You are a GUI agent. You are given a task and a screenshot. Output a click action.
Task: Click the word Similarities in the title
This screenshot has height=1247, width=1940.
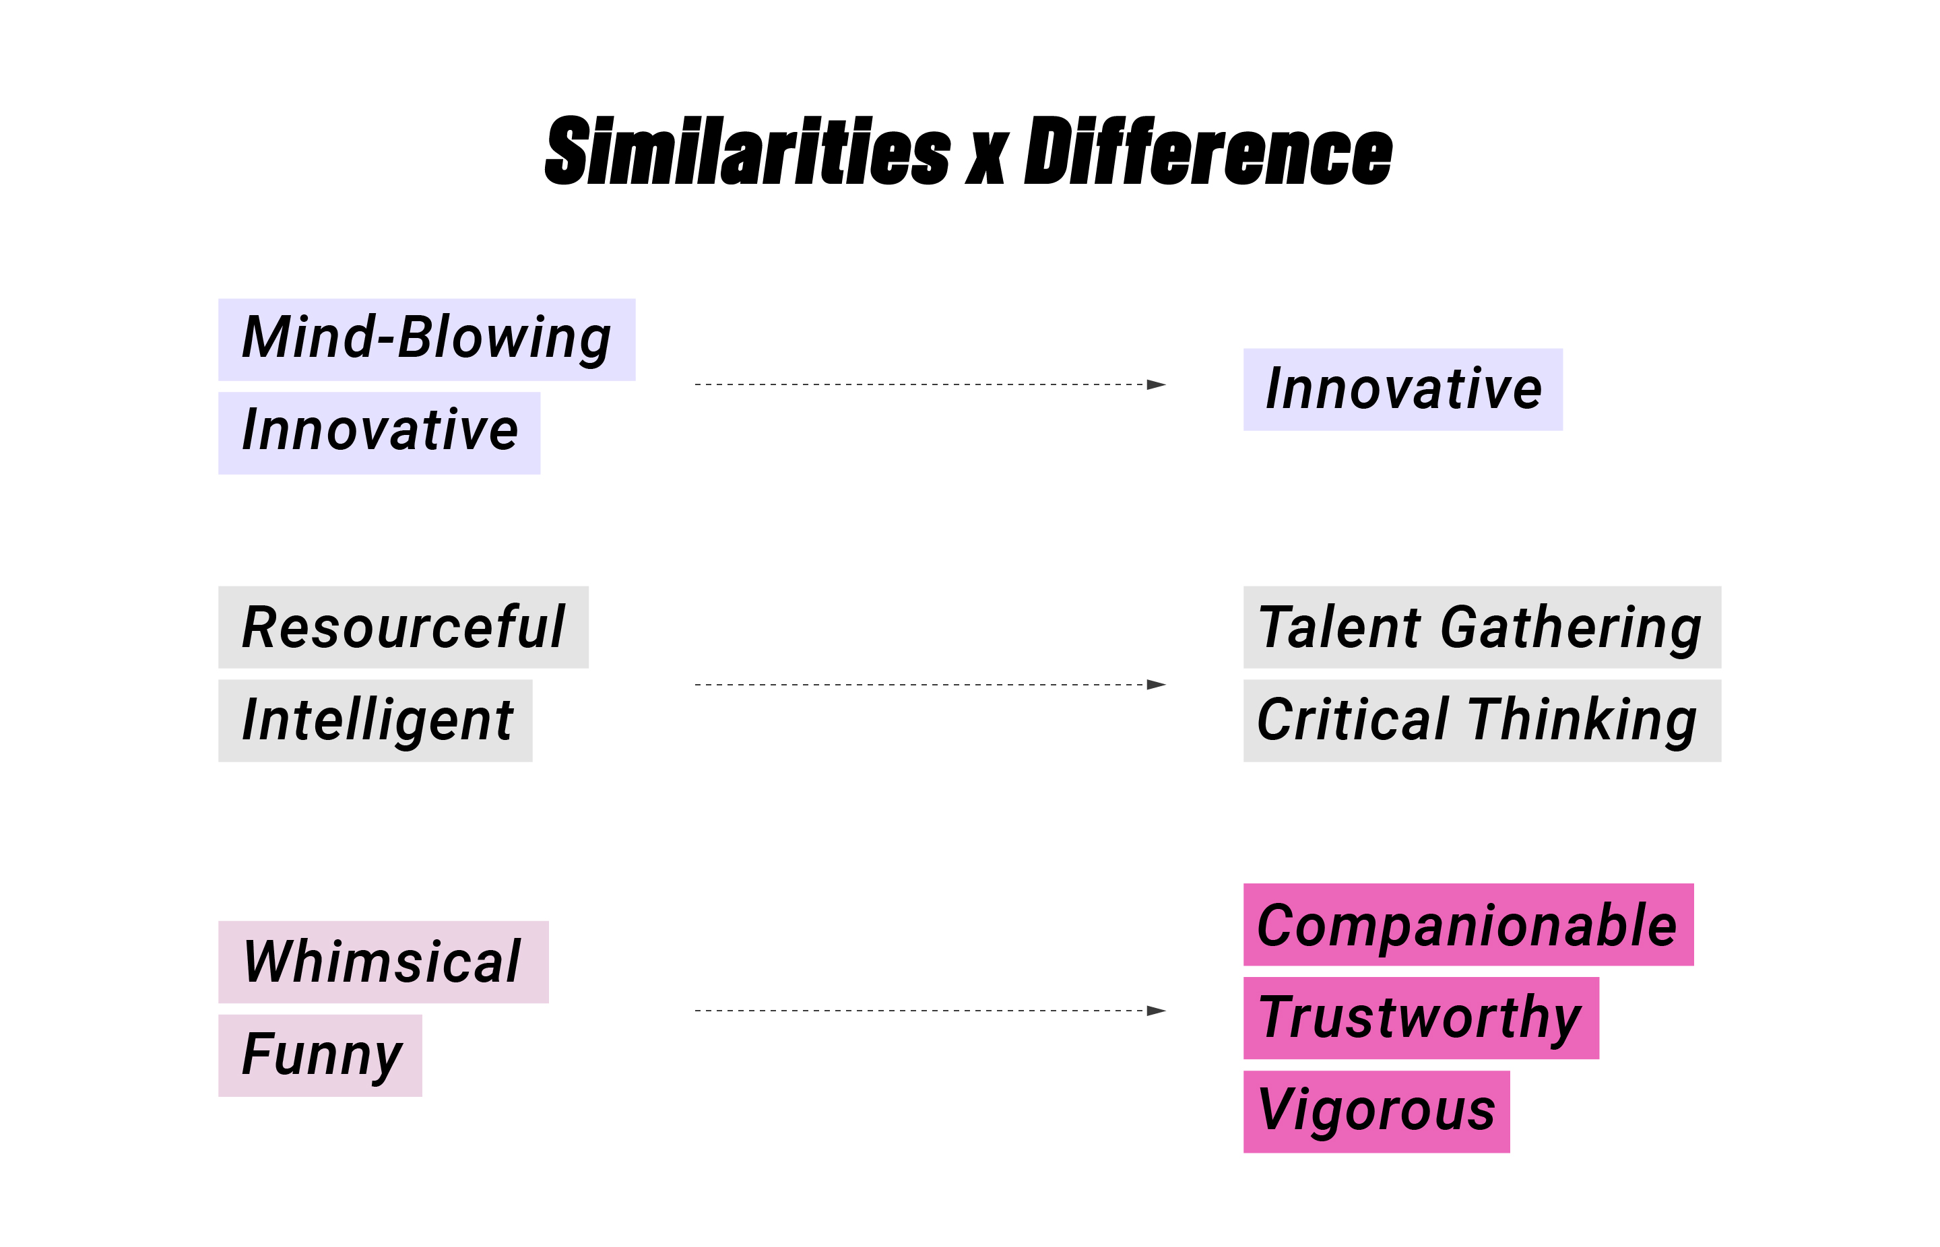pos(747,151)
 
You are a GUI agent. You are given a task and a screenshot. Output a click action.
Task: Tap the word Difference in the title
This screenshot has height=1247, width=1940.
pos(1208,151)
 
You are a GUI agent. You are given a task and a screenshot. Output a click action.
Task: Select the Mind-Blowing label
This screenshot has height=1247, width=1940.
pos(426,339)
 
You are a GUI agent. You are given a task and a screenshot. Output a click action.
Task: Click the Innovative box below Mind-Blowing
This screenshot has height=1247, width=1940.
pos(379,433)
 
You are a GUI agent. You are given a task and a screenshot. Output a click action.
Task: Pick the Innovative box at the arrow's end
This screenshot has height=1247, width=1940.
pos(1403,389)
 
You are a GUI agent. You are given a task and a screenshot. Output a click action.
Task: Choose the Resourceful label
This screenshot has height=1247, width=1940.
pos(403,627)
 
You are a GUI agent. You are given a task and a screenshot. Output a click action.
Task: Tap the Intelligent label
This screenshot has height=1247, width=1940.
pos(375,720)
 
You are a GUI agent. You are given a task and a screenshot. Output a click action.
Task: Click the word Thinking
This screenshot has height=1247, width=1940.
pos(1583,722)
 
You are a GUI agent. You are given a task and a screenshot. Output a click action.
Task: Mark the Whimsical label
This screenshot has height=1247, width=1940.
pos(383,962)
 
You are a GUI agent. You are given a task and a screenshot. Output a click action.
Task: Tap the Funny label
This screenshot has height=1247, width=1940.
pos(320,1056)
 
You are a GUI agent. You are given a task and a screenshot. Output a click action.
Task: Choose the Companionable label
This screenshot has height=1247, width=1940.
pos(1468,924)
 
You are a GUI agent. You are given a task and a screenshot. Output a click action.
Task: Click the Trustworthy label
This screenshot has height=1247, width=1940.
pos(1421,1018)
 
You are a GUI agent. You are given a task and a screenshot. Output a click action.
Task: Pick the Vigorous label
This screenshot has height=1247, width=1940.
pos(1377,1112)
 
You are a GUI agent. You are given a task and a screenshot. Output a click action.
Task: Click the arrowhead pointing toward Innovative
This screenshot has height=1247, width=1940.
pos(1157,384)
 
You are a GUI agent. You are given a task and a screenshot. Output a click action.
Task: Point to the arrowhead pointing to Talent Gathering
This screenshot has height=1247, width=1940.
pos(1157,685)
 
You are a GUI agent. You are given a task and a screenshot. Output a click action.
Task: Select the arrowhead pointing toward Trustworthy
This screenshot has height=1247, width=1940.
pos(1157,1011)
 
